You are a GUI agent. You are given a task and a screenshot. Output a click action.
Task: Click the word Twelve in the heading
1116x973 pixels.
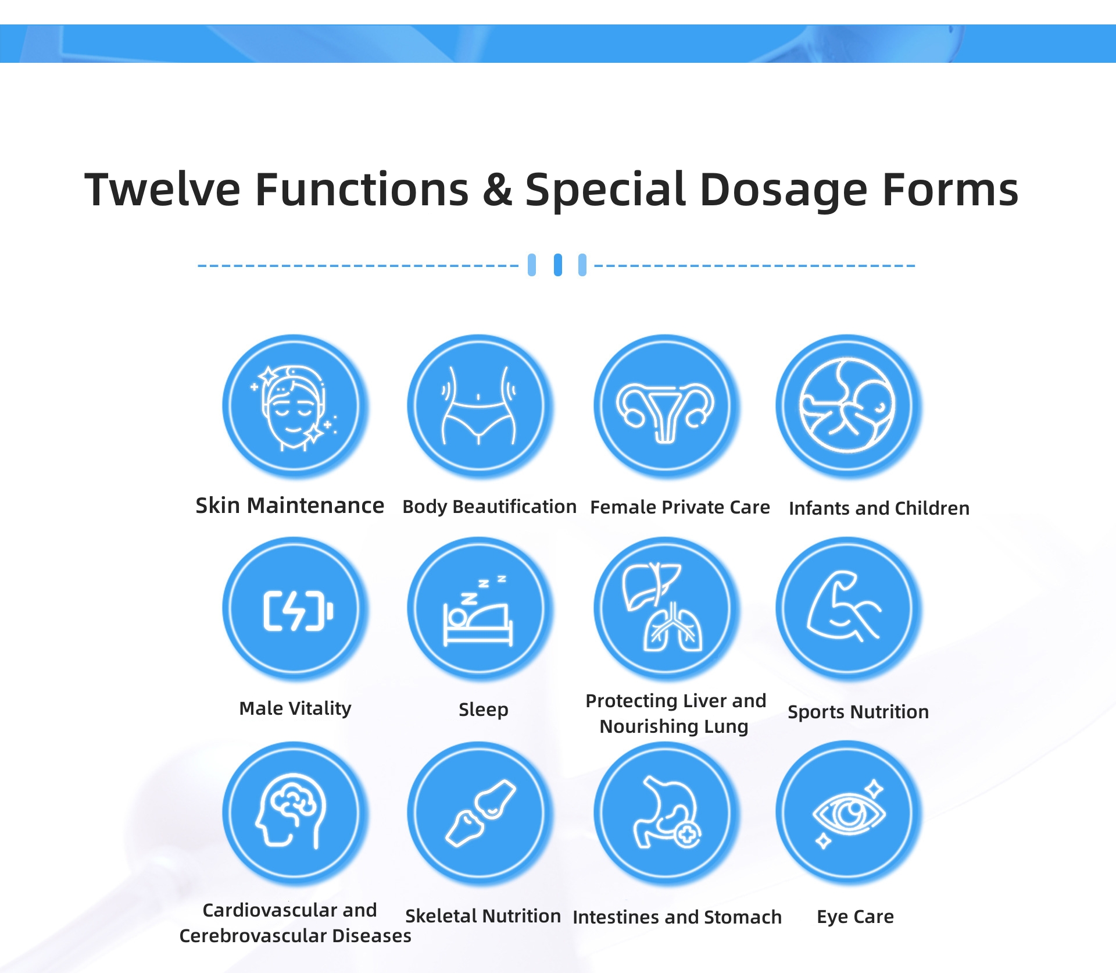[x=162, y=190]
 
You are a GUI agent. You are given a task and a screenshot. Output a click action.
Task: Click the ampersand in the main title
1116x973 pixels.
[x=498, y=190]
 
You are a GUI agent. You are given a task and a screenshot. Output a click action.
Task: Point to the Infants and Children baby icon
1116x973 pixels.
[x=847, y=405]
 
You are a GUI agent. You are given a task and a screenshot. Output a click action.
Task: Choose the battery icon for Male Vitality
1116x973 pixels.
[x=298, y=611]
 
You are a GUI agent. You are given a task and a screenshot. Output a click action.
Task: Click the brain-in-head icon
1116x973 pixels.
[x=291, y=811]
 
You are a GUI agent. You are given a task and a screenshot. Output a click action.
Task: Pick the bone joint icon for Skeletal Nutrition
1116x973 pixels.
[x=481, y=812]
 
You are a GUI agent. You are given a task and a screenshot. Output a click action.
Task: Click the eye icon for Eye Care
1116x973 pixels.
[x=849, y=813]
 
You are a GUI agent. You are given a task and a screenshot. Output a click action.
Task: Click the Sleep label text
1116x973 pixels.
[x=484, y=710]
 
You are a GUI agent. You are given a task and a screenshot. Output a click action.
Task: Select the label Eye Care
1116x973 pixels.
[x=855, y=917]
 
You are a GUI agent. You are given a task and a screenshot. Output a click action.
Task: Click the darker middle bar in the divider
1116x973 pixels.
[x=558, y=265]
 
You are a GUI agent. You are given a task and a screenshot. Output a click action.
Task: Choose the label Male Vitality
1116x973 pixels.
[x=295, y=708]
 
